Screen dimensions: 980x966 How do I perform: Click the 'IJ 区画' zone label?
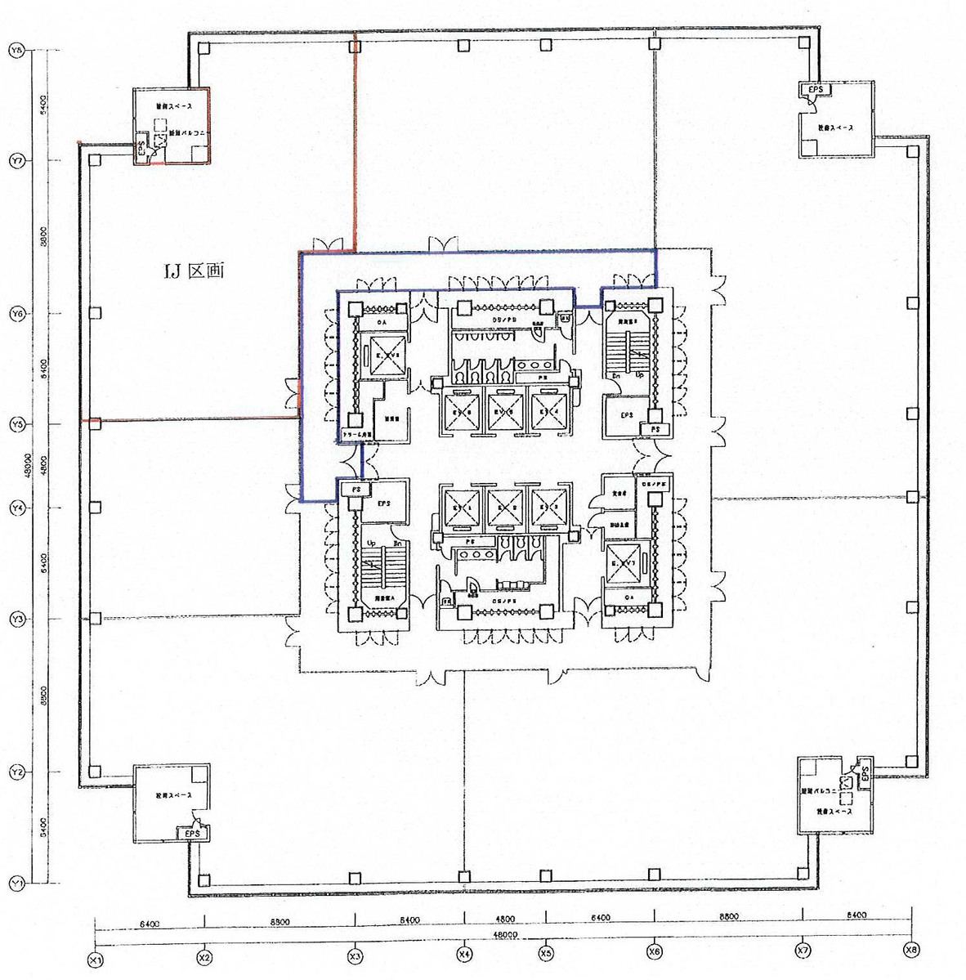pos(194,271)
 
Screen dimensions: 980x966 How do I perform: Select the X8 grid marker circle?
pos(911,950)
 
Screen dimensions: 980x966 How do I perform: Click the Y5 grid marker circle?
pos(15,424)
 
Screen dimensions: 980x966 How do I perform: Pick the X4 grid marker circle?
pos(463,954)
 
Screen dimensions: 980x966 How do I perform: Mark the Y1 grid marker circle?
pos(15,883)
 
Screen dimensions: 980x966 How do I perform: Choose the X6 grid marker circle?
pos(654,952)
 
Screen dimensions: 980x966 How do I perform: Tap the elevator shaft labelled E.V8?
pos(384,356)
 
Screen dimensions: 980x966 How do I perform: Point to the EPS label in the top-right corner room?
pos(816,89)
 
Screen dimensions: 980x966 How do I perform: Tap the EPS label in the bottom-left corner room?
pos(192,833)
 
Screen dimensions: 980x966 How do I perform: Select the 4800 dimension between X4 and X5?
pos(504,920)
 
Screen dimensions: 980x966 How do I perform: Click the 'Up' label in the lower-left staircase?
pos(372,544)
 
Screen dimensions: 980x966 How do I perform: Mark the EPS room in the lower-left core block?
pos(384,504)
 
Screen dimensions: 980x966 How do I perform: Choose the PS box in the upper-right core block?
pos(655,428)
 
